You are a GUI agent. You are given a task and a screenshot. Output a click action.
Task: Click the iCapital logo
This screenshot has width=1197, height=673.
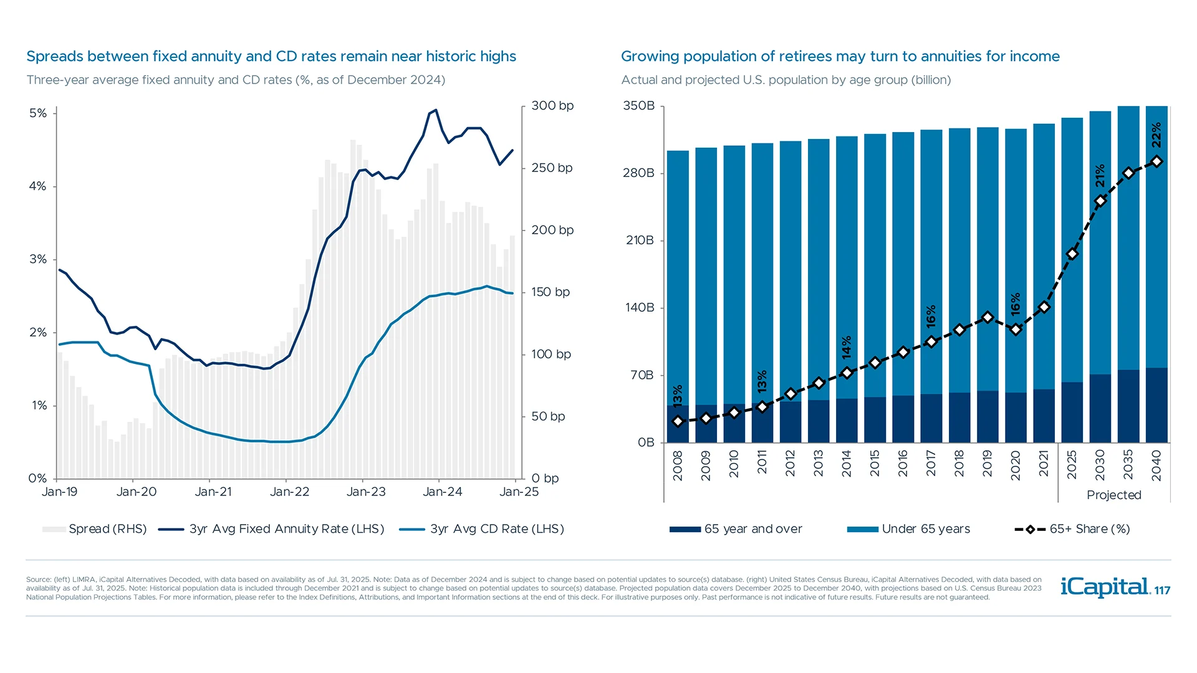1105,587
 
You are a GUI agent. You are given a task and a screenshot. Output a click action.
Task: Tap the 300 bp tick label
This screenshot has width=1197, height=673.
552,106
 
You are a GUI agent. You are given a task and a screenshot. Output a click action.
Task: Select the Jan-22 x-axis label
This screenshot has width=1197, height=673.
289,492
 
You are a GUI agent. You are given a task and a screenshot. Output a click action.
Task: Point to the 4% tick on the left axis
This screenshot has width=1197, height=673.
37,186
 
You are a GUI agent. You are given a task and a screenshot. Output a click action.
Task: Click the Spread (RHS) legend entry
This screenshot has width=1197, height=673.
95,529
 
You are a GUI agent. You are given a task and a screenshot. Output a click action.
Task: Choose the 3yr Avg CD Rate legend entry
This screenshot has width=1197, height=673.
482,529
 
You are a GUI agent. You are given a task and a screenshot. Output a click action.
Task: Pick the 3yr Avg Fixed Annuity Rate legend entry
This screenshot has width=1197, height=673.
272,529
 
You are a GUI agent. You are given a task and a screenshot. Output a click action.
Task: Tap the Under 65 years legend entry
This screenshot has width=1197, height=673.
909,529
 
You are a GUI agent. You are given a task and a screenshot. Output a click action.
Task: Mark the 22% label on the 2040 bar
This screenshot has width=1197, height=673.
1156,135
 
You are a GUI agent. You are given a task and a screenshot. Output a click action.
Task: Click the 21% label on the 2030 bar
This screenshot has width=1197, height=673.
1100,176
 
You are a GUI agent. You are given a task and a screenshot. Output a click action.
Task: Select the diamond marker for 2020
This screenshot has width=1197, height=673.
1016,330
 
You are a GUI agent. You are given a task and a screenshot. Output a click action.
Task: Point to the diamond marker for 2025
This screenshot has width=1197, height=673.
1072,254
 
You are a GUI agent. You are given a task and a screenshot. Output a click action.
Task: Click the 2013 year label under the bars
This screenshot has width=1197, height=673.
819,464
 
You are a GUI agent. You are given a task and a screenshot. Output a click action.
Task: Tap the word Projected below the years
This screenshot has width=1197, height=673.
1113,495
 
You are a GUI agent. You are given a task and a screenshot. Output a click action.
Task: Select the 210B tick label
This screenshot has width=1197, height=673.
640,241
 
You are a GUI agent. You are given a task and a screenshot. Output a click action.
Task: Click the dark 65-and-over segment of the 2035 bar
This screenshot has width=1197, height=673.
1128,406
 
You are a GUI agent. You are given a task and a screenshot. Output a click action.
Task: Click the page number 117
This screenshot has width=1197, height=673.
1162,591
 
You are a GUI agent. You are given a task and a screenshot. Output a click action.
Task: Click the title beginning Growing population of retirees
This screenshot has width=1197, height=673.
840,57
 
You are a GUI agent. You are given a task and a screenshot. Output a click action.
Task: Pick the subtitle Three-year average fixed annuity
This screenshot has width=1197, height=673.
236,80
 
